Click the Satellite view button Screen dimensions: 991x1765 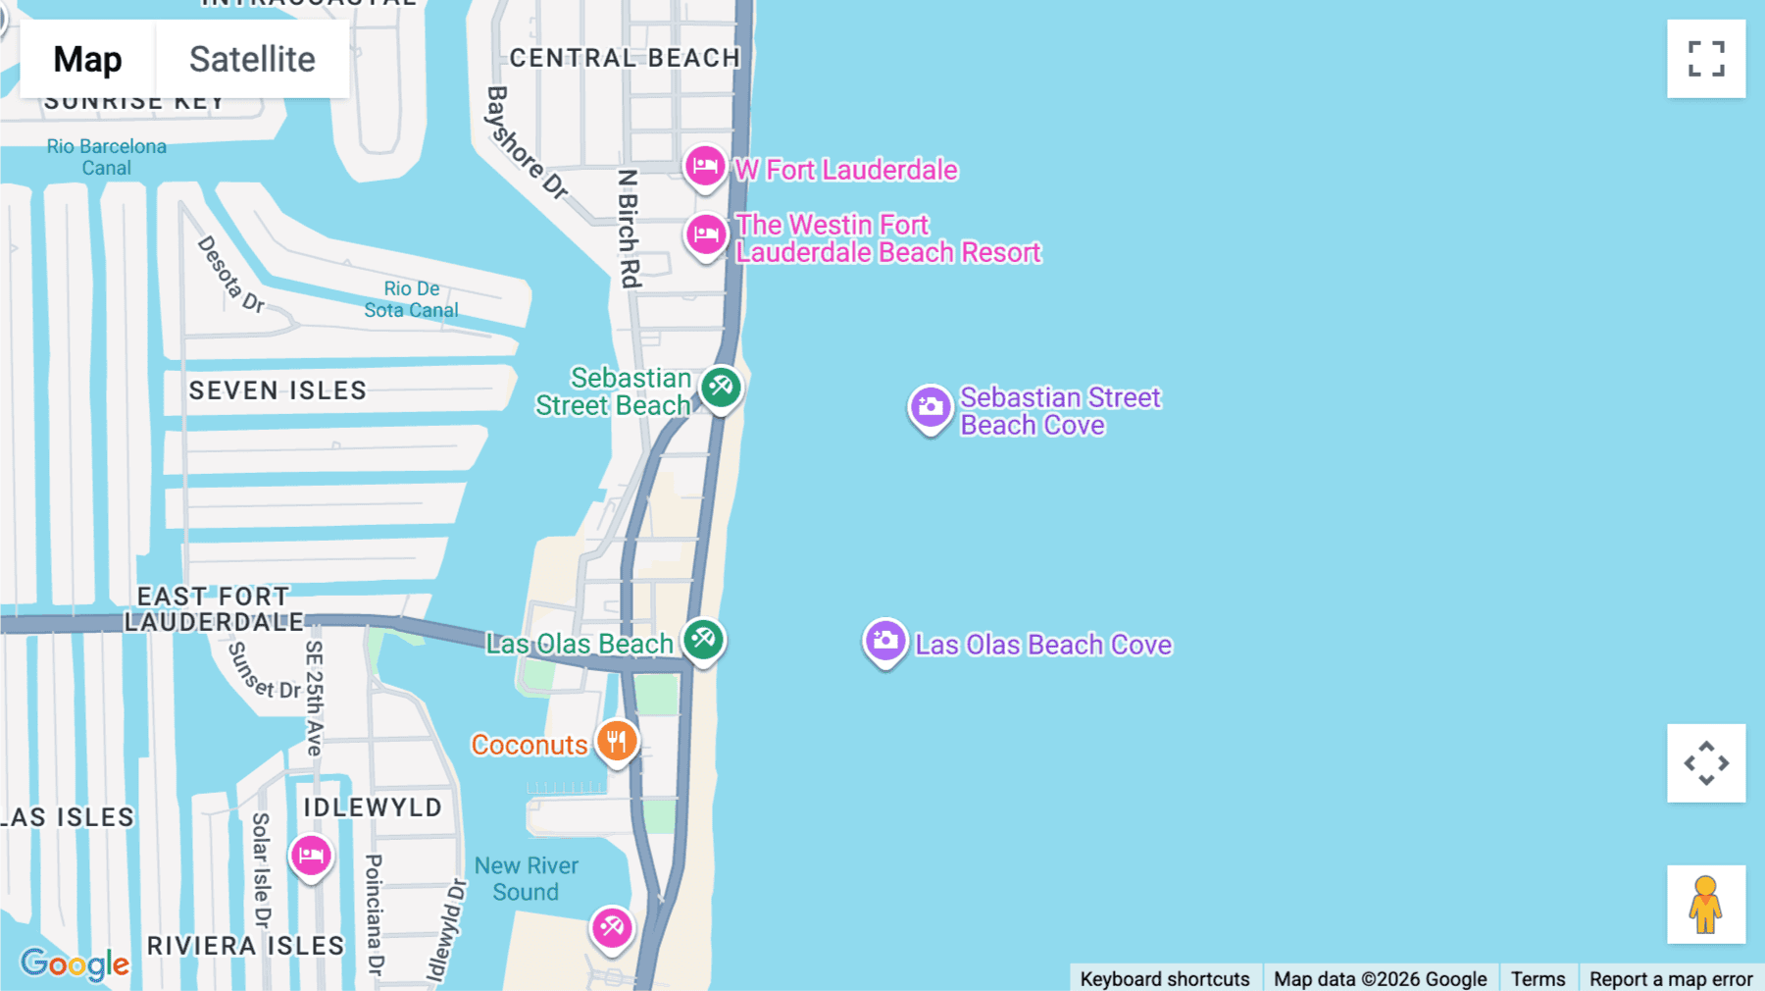click(252, 59)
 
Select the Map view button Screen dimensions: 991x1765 click(87, 59)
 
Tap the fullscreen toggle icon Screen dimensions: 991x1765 click(1706, 59)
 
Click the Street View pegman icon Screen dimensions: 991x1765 click(1706, 904)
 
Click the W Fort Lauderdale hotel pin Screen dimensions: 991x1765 click(705, 167)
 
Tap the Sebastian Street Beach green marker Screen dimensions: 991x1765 click(721, 387)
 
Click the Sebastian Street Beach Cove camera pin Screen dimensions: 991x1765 click(931, 406)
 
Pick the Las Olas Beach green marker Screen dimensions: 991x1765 click(703, 640)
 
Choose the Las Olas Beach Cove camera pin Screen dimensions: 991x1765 click(884, 641)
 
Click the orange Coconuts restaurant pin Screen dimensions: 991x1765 click(617, 742)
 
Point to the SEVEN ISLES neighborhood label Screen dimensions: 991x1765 click(277, 391)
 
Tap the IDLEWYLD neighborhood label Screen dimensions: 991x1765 click(373, 808)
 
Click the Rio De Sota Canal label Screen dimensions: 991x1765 click(411, 299)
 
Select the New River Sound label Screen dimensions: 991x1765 click(527, 878)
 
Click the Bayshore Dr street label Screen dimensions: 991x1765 click(526, 143)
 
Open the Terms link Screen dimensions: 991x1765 click(1538, 978)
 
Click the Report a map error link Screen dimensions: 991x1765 click(1671, 978)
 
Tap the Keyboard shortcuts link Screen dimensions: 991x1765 click(1165, 978)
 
